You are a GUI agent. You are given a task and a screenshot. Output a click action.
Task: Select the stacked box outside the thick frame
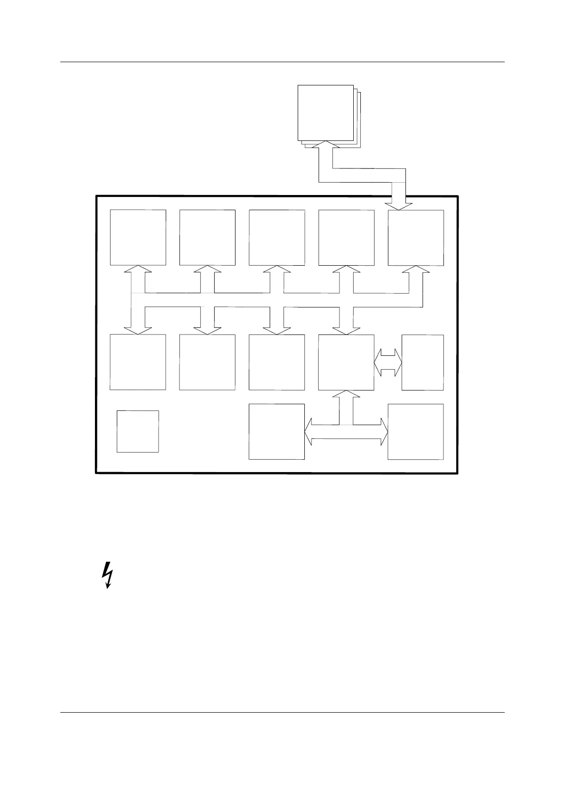click(x=326, y=113)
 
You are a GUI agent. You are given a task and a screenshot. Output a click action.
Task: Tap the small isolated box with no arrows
click(x=138, y=431)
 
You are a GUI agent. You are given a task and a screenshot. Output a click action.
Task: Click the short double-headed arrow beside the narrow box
click(x=388, y=363)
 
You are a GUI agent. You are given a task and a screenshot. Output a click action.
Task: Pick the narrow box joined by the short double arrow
click(x=423, y=362)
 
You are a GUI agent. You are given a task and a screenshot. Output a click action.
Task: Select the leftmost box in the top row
click(x=138, y=237)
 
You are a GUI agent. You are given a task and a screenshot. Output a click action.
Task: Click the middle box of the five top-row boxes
click(x=277, y=237)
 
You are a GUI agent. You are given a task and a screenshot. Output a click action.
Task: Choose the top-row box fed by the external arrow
click(x=416, y=237)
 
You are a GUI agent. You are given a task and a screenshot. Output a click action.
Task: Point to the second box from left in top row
click(x=207, y=237)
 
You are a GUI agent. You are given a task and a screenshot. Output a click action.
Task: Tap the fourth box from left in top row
click(x=346, y=237)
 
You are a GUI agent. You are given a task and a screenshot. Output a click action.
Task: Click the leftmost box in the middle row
click(x=138, y=362)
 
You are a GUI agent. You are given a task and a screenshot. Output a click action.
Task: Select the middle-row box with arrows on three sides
click(x=346, y=362)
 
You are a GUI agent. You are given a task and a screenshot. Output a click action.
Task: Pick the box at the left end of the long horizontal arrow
click(x=277, y=432)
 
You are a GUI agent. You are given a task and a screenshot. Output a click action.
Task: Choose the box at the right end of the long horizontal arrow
click(x=416, y=432)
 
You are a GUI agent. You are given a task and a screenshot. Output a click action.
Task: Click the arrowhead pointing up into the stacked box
click(x=325, y=144)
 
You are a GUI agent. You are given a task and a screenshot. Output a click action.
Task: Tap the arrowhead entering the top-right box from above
click(x=398, y=205)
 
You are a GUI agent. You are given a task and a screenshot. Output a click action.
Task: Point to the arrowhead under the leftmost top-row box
click(x=138, y=269)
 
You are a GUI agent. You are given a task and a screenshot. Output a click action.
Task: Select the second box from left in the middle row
click(x=207, y=362)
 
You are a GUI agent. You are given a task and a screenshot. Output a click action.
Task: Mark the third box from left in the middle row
click(x=277, y=362)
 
